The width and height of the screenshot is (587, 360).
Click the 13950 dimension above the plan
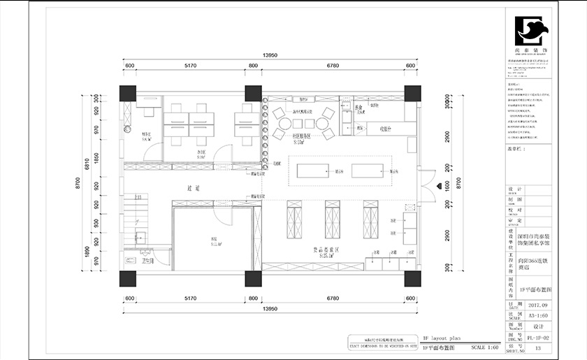click(x=270, y=55)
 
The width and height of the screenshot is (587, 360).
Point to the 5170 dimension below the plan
click(x=194, y=298)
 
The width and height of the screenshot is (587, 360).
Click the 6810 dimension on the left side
click(x=87, y=166)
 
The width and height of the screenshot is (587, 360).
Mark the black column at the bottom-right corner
click(x=412, y=278)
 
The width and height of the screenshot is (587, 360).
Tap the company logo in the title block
click(x=531, y=32)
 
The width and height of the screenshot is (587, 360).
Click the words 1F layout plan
click(x=442, y=338)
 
